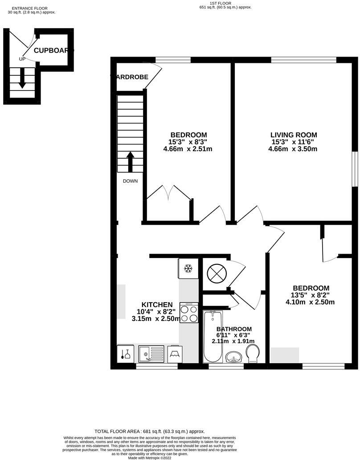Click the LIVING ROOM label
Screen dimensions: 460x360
tap(294, 135)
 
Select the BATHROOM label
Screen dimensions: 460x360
tap(234, 329)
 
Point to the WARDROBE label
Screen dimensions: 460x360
tap(130, 77)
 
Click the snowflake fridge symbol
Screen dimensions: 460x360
tap(188, 268)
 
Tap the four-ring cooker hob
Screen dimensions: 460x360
tap(189, 312)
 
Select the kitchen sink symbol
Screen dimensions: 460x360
tap(151, 354)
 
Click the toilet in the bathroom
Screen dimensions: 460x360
tap(253, 353)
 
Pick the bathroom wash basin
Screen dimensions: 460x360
tap(233, 357)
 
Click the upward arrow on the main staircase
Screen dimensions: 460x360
tap(131, 162)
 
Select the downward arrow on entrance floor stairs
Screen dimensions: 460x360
tap(22, 79)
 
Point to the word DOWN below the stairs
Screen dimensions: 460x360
tap(131, 181)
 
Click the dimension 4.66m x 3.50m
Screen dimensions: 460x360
tap(293, 149)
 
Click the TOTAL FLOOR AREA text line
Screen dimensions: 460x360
tap(149, 431)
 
